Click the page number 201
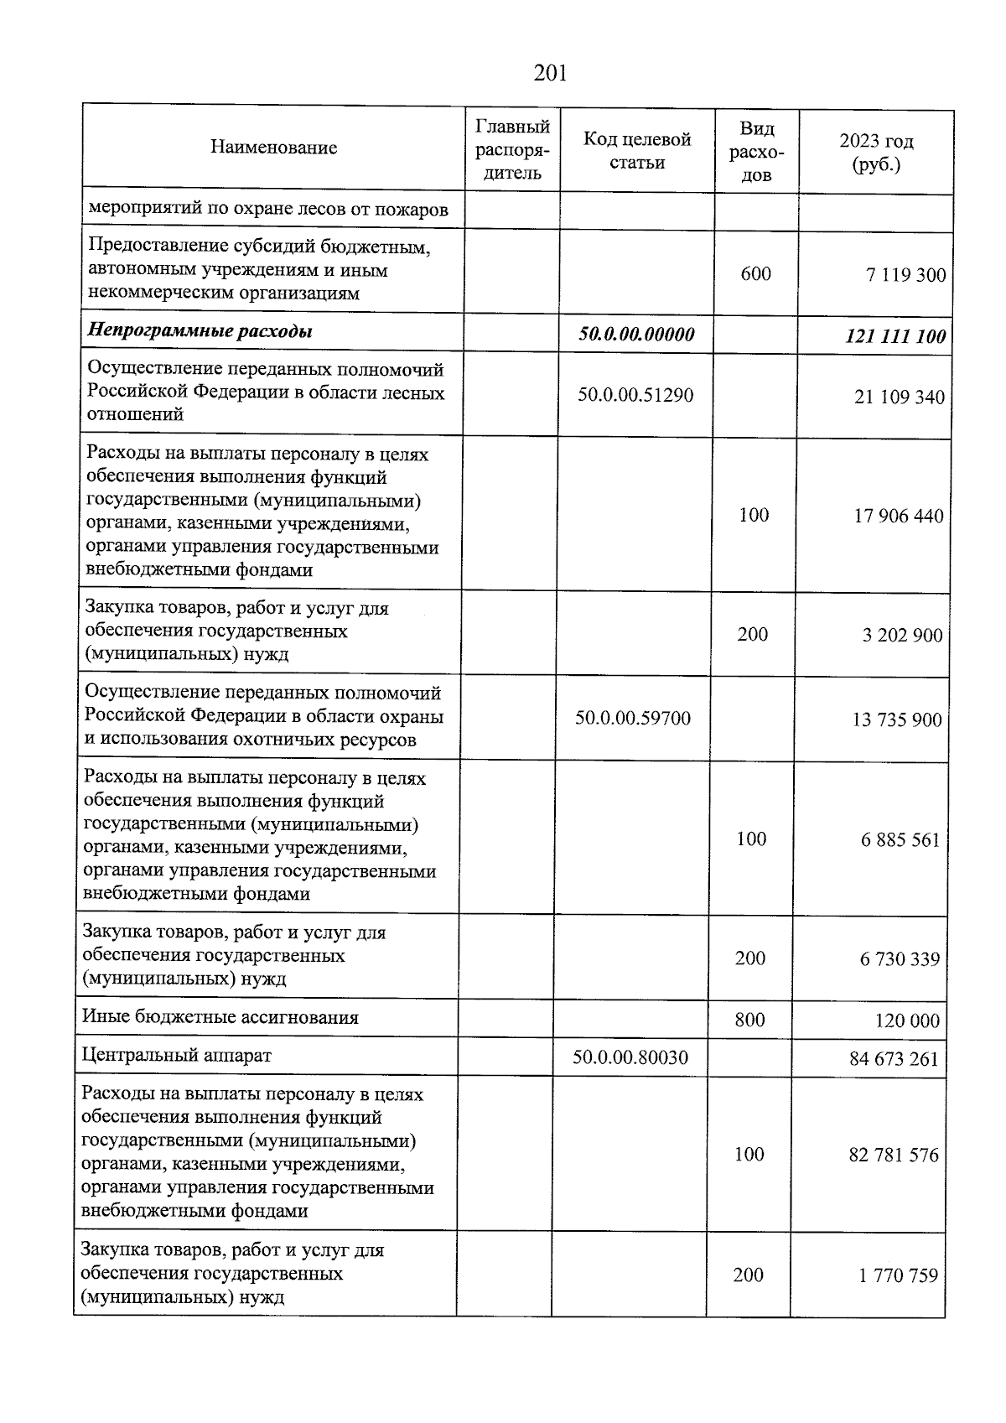pos(550,74)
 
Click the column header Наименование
pos(273,148)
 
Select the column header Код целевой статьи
pos(637,151)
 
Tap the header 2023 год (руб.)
pos(876,152)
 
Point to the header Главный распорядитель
pos(512,149)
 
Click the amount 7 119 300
pos(905,275)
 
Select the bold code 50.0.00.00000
pos(636,335)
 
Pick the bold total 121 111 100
pos(895,337)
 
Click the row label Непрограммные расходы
pos(200,331)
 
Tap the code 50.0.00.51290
pos(635,395)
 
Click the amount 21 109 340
pos(899,397)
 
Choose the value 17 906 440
pos(898,517)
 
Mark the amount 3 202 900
pos(902,636)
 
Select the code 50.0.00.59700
pos(633,718)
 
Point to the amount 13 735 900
pos(896,720)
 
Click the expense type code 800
pos(749,1020)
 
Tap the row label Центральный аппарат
pos(176,1056)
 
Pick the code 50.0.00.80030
pos(630,1057)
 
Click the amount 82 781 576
pos(894,1156)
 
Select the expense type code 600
pos(755,274)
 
